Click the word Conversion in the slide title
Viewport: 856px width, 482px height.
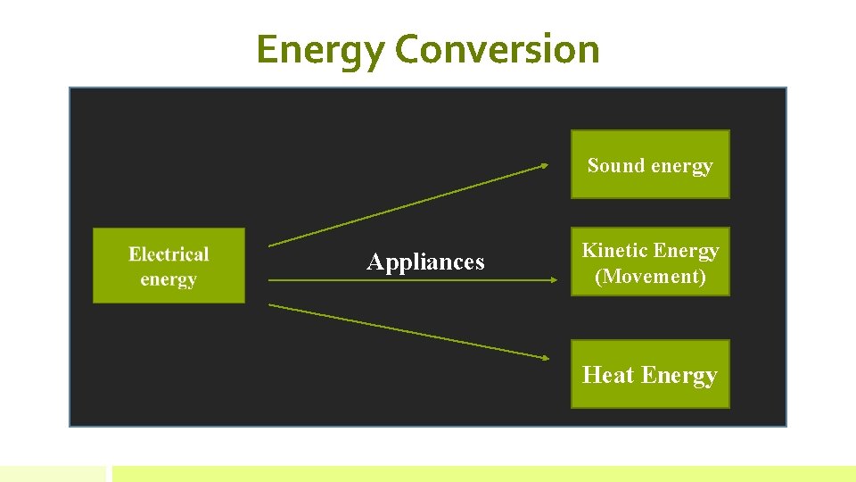point(497,49)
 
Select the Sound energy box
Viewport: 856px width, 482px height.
point(650,164)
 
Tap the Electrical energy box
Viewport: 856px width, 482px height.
point(169,265)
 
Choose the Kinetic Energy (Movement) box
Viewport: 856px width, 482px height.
point(650,262)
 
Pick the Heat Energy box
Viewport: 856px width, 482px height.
point(650,374)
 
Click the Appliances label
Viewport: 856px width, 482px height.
point(425,262)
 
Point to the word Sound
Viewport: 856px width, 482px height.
point(616,165)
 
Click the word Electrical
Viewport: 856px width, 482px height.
point(169,254)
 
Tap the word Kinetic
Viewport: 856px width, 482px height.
point(614,251)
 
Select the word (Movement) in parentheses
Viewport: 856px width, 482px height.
point(650,276)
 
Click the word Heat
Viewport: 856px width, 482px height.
point(607,374)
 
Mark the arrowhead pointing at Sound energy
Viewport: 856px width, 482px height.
point(545,165)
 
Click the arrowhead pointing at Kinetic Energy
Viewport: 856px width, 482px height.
point(553,280)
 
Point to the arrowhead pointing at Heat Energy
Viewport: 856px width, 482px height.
point(545,358)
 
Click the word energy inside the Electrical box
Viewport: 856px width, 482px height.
point(169,279)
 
